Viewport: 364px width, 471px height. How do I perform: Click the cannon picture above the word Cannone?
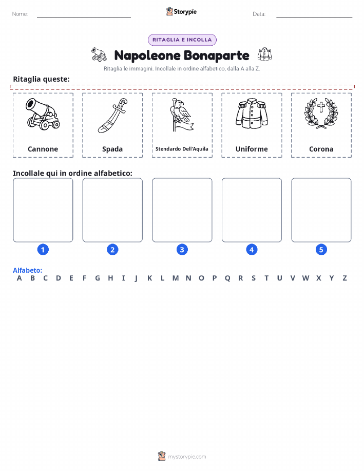[43, 114]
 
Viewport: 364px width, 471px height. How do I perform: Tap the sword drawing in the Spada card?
[112, 116]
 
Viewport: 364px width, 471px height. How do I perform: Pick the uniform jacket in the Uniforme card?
[252, 114]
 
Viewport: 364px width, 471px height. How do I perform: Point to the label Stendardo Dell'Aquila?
[182, 148]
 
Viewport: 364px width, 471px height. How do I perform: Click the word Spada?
[112, 149]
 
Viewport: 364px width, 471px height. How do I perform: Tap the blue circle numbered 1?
[43, 250]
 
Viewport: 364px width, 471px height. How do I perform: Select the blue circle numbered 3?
[182, 250]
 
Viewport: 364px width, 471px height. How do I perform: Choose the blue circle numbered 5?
[321, 250]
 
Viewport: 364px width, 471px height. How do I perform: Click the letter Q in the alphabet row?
[227, 278]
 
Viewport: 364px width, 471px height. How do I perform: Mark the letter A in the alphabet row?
[19, 278]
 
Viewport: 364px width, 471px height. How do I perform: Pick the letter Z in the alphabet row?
[345, 278]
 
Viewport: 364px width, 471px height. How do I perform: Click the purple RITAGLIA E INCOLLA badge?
[182, 40]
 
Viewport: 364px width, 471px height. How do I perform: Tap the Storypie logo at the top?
[181, 12]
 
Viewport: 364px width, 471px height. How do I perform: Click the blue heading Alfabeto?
[27, 270]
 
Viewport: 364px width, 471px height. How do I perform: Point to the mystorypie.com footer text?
[187, 457]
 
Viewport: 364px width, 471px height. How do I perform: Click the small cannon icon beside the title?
[99, 54]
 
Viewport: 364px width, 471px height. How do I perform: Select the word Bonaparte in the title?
[216, 55]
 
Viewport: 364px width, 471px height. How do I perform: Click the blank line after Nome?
[84, 17]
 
